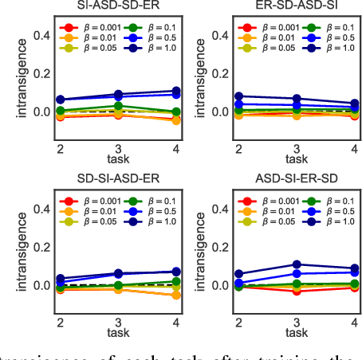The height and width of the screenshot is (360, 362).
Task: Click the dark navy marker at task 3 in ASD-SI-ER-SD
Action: (x=296, y=264)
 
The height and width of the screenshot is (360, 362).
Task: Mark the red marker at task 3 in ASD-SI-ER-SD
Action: (x=296, y=291)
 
